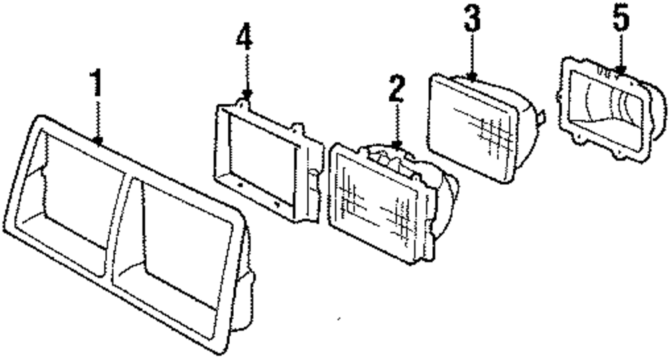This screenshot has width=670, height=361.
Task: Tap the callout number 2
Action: [397, 90]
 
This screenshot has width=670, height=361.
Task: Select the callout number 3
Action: [472, 21]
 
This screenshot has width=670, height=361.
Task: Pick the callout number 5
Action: [621, 19]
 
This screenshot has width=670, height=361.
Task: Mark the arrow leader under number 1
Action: [98, 121]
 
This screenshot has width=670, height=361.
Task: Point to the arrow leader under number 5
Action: [621, 51]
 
